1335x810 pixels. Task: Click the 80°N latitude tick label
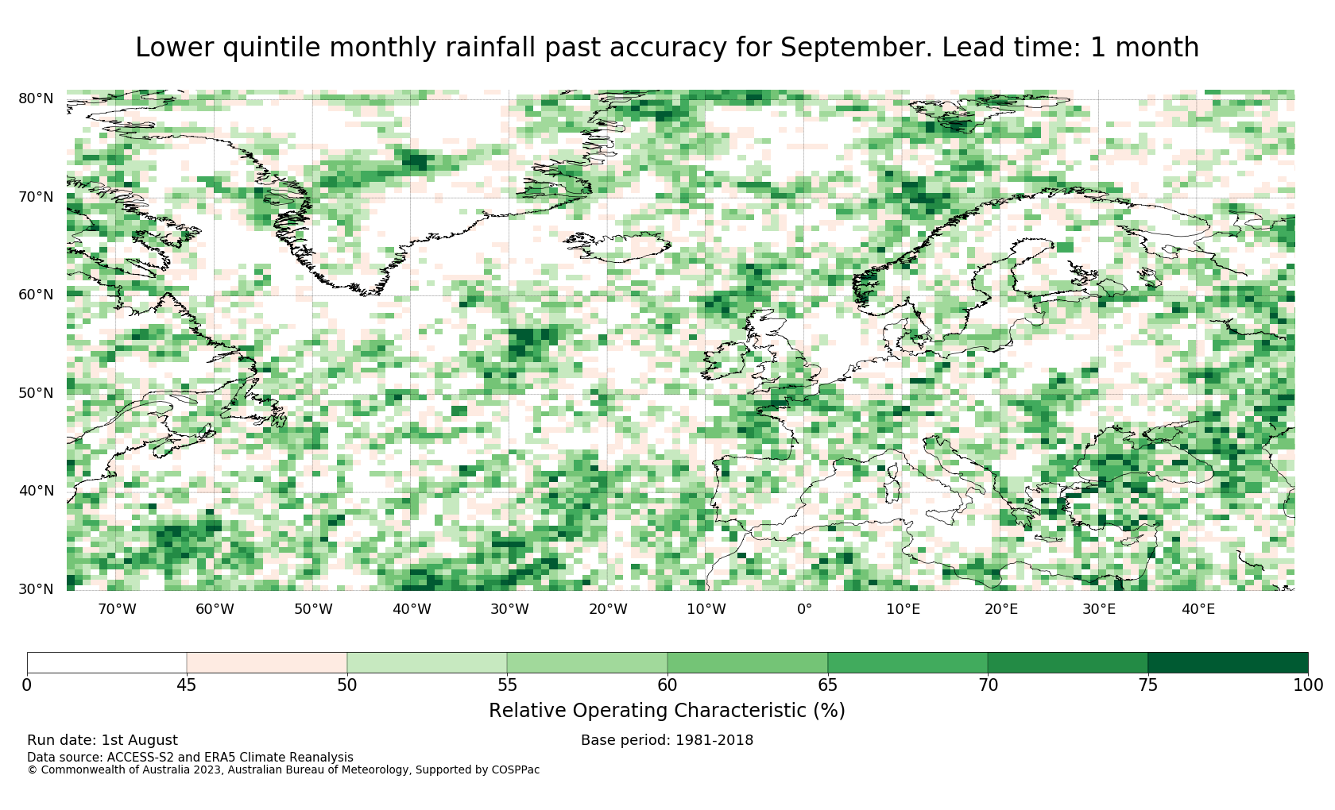(x=36, y=98)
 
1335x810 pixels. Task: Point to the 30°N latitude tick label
(x=36, y=589)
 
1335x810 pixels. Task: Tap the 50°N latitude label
(x=36, y=393)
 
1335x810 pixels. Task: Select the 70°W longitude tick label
(x=118, y=609)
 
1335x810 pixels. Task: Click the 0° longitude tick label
(x=804, y=609)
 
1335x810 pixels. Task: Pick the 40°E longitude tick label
(x=1198, y=609)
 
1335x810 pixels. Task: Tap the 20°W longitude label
(x=608, y=609)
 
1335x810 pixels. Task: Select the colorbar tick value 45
(x=187, y=685)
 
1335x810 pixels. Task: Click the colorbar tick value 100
(x=1308, y=685)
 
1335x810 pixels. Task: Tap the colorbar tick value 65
(x=828, y=685)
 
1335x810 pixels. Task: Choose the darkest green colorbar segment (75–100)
(x=1228, y=663)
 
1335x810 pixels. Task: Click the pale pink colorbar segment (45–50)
(x=267, y=663)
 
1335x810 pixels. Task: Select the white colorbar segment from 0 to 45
(x=106, y=663)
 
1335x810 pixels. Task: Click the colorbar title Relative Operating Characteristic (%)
(x=667, y=711)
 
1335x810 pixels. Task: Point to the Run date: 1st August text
(x=103, y=740)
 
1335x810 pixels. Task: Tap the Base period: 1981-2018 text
(x=667, y=740)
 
